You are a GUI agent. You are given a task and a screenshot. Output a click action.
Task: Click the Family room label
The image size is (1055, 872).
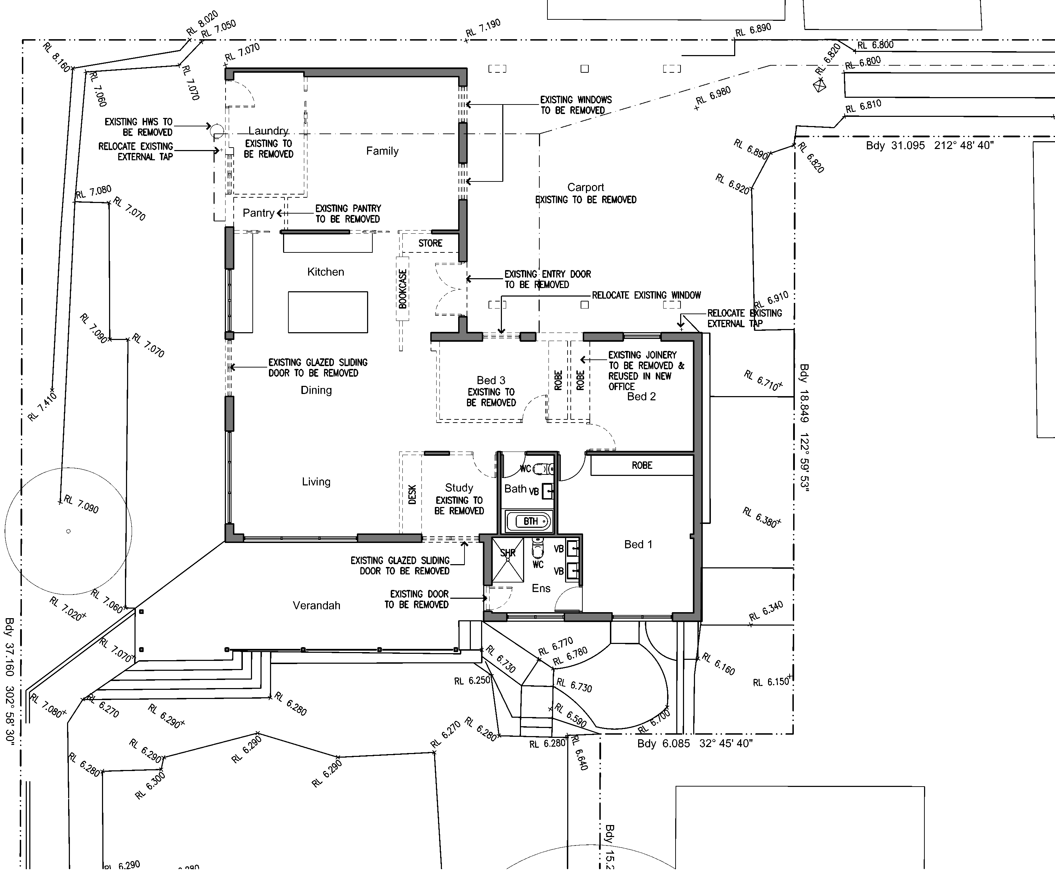[382, 151]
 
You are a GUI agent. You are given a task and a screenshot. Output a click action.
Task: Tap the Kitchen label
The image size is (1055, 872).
[325, 272]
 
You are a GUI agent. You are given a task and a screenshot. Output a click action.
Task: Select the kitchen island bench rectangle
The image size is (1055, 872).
[328, 312]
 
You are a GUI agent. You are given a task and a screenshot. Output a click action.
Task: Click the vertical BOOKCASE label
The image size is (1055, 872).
[402, 289]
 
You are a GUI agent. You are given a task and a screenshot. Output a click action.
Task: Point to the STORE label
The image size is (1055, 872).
[430, 243]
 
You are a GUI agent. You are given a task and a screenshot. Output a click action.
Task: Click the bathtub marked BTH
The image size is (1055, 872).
[530, 521]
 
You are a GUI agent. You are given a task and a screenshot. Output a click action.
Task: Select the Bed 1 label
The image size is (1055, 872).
[638, 544]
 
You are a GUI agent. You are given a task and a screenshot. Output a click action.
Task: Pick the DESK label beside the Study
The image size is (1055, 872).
[412, 494]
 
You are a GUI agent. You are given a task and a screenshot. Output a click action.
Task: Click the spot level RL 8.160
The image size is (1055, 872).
[56, 57]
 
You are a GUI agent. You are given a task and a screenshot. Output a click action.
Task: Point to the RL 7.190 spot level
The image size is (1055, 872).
[482, 28]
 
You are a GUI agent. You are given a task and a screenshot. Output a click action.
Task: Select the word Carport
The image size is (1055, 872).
[586, 187]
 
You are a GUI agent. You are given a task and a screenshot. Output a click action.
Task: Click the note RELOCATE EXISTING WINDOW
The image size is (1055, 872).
[646, 295]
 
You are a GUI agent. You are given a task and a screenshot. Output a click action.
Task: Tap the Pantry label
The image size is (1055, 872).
[259, 213]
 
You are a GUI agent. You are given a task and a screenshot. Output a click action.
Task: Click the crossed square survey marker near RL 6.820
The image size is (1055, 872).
[820, 86]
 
